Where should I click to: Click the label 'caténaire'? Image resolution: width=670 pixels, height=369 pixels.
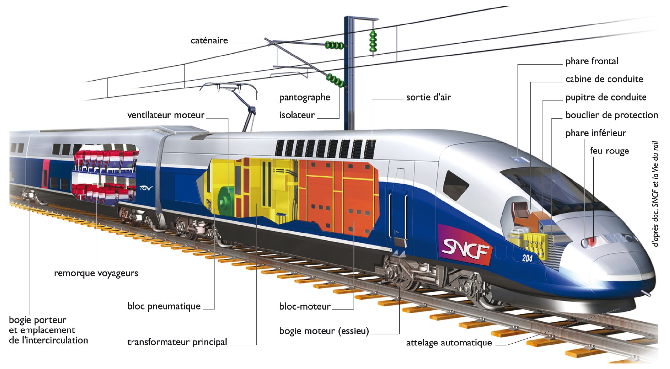209,41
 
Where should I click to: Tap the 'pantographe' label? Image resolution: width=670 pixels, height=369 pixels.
305,98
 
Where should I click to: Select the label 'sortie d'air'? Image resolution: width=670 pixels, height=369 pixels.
428,97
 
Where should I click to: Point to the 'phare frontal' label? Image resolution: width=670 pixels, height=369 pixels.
592,61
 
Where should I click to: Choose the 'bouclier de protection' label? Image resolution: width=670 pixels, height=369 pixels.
611,115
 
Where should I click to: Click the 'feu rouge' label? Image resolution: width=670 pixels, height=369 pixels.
609,151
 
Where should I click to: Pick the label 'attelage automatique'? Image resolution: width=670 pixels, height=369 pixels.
449,343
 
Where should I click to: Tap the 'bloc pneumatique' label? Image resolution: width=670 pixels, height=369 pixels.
164,306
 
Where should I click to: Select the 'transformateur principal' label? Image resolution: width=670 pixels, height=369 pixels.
177,342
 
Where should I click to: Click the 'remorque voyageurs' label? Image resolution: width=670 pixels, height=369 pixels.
96,273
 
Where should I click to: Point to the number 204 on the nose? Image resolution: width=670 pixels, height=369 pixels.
527,258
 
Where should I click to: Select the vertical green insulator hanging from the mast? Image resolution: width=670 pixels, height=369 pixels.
373,41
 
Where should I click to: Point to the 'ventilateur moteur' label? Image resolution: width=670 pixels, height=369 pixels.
166,115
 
